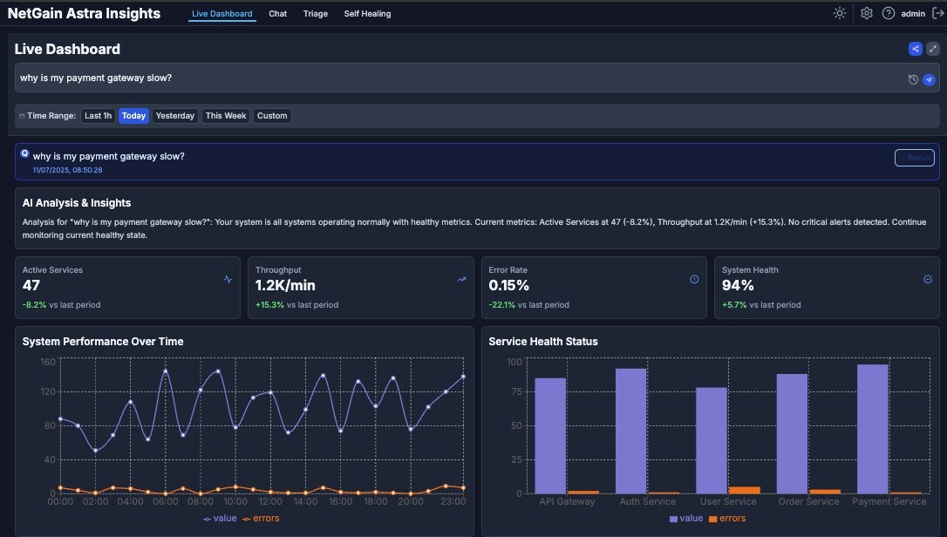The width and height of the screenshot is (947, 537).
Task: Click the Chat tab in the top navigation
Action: click(x=277, y=14)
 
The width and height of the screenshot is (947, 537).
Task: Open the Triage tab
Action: click(x=315, y=14)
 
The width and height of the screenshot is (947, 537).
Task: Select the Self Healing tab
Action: click(x=367, y=14)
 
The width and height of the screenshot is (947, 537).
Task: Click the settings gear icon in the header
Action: click(x=866, y=13)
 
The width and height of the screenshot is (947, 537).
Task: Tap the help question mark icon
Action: click(x=889, y=13)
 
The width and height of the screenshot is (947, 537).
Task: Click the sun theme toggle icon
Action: click(x=840, y=13)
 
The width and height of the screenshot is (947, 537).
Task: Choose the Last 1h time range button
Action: click(x=98, y=116)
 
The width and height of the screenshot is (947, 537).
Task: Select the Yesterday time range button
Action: click(x=175, y=116)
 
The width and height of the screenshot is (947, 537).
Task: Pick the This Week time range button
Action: click(x=226, y=116)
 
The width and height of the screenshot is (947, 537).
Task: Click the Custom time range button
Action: click(x=272, y=116)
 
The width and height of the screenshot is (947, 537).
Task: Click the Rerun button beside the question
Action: click(x=914, y=158)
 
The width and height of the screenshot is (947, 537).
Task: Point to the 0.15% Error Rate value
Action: click(x=508, y=285)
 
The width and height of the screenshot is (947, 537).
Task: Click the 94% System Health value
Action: click(x=738, y=285)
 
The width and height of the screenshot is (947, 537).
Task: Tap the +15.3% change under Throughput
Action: click(x=269, y=305)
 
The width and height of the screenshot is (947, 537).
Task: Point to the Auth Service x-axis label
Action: click(x=647, y=502)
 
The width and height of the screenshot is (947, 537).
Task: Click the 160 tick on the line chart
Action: click(x=48, y=361)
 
